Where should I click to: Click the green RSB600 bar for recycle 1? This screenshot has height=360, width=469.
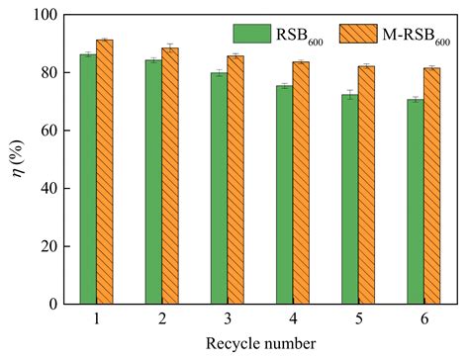pyautogui.click(x=88, y=178)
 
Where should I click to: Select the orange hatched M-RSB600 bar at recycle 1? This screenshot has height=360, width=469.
pyautogui.click(x=104, y=173)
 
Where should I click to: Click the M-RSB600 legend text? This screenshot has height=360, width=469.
pyautogui.click(x=412, y=32)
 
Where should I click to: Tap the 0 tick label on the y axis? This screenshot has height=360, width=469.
pyautogui.click(x=53, y=303)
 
